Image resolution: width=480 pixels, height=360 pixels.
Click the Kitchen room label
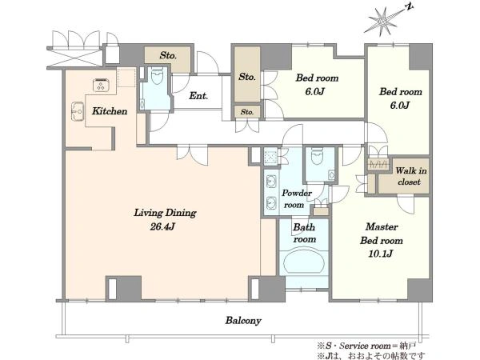coord(110,111)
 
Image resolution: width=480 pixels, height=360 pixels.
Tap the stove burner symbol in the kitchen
coord(102,85)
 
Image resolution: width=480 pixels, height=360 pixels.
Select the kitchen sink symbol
coord(78,111)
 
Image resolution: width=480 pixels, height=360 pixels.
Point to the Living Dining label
coord(165,213)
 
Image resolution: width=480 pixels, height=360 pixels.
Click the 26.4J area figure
coord(162,227)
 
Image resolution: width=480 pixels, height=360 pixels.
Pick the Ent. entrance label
coord(198,96)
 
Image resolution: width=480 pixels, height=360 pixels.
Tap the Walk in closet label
coord(410,176)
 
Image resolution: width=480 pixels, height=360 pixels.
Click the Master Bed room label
coord(382,234)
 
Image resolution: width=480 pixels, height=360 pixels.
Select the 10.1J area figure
coord(381,254)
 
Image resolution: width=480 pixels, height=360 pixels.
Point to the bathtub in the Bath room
coord(304,262)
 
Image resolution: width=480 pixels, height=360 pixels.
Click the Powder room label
coord(296,199)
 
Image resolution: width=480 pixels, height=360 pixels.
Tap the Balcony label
coord(243,321)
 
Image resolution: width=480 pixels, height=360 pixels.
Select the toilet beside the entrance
coord(158,77)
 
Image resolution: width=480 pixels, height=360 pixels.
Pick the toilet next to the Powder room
coord(317,155)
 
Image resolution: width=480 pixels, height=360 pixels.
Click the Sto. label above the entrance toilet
coord(168,55)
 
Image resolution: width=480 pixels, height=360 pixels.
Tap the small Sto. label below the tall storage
coord(247,112)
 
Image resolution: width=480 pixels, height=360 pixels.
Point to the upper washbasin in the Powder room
coord(271,182)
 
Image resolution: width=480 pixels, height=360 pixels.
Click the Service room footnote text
coord(366,346)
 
